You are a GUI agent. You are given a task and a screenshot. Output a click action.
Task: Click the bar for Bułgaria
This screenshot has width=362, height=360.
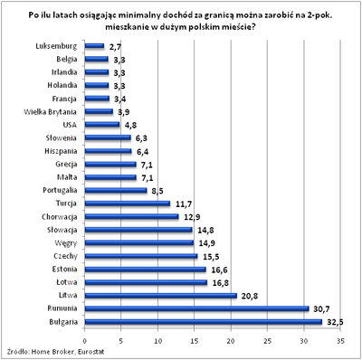(204, 322)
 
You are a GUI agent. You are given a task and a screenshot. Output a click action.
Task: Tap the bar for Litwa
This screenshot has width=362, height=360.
(161, 296)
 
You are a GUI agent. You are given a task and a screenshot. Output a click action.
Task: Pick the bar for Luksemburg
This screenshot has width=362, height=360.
(96, 45)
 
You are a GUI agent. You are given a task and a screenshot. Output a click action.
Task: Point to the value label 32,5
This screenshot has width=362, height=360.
(335, 322)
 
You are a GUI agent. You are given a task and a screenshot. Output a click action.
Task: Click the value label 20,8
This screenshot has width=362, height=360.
(251, 296)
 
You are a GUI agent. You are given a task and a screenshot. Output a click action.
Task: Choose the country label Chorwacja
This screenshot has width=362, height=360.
(57, 217)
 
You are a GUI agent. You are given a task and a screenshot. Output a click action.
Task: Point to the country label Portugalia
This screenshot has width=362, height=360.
(57, 191)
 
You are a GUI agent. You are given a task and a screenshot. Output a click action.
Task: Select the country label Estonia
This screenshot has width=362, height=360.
(62, 270)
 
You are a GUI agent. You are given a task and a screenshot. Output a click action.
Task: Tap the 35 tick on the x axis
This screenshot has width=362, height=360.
(340, 341)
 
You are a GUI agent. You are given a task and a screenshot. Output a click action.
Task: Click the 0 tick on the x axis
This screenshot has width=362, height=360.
(86, 341)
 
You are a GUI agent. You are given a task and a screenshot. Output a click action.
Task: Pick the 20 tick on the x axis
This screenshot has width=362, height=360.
(231, 341)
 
